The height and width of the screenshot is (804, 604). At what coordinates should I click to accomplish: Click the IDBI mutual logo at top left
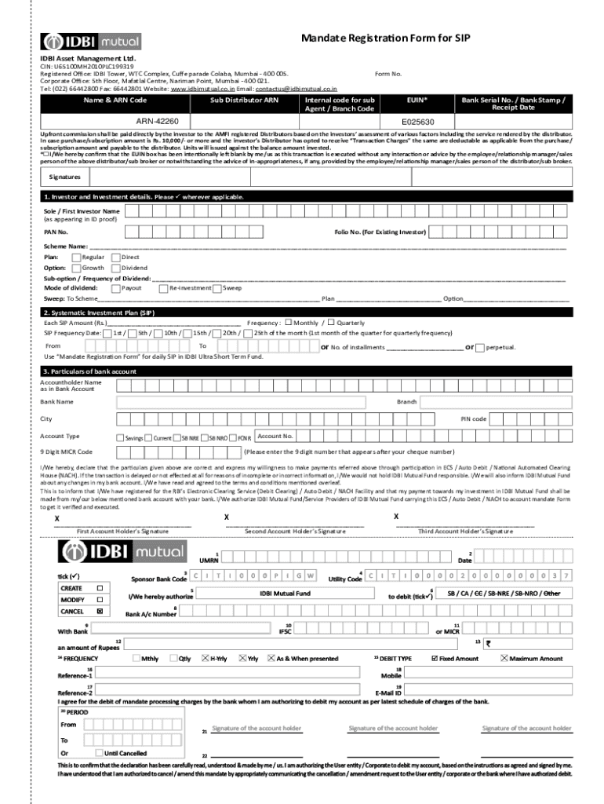(91, 42)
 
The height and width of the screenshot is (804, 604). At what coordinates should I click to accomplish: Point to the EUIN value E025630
(417, 122)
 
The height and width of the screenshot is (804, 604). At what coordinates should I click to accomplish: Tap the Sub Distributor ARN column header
(244, 100)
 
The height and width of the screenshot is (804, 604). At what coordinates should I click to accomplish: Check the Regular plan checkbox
(76, 257)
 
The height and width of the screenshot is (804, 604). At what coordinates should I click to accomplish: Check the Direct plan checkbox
(116, 257)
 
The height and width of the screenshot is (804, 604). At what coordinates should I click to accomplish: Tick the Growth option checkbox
(76, 268)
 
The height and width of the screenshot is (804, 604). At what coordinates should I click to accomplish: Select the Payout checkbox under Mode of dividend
(116, 288)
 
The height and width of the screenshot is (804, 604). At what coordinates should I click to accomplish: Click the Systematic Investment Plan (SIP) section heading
(99, 312)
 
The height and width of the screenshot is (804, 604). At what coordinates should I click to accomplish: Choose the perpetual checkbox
(480, 347)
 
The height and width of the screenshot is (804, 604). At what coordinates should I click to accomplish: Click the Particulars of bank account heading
(90, 371)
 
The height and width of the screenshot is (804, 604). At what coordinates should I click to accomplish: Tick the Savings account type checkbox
(120, 437)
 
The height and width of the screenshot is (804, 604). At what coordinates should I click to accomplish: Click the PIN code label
(473, 418)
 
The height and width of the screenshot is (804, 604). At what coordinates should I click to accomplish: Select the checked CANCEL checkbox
(99, 610)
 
